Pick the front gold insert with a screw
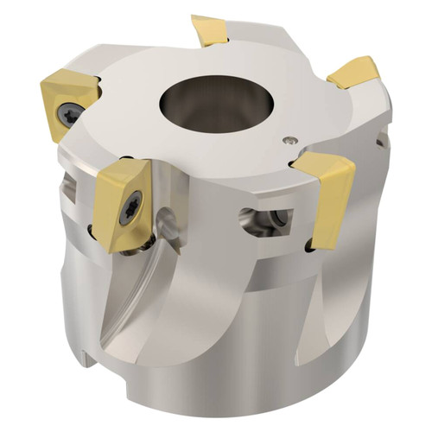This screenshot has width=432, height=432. coord(123,205)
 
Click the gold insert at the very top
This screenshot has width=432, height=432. coord(210,31)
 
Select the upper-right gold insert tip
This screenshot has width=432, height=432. coord(354,73)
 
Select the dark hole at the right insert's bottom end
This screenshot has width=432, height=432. coord(308,249)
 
